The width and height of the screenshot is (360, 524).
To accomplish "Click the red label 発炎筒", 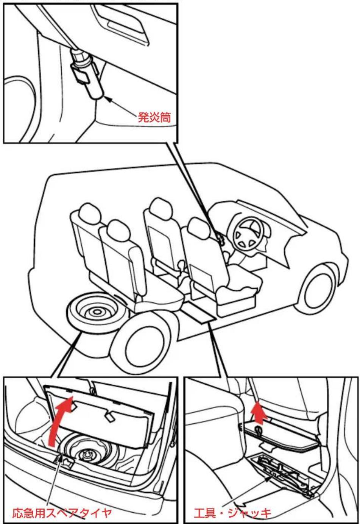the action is pos(154,117).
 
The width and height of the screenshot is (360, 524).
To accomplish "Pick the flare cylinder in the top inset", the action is pos(87,75).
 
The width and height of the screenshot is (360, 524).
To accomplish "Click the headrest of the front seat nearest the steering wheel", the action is pos(199,228).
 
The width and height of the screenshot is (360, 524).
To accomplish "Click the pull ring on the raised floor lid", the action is pos(259,429).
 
